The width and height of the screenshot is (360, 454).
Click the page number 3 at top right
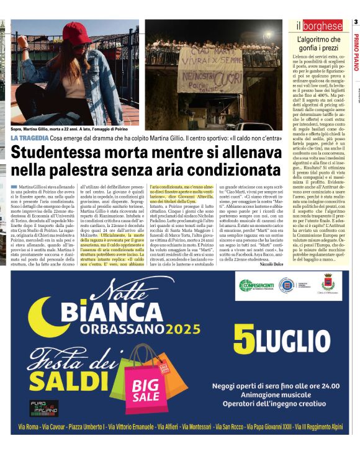[x=356, y=23]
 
